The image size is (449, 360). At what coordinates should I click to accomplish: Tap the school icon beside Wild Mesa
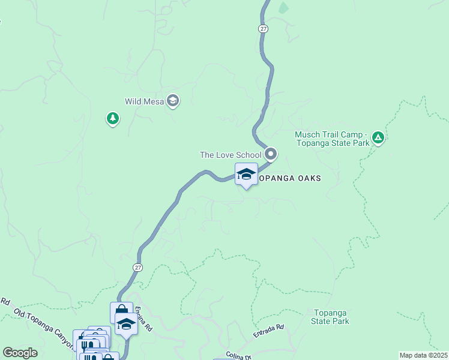click(x=173, y=101)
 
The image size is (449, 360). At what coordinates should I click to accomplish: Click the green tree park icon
click(x=112, y=118)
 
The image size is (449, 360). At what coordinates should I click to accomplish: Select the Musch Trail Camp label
click(x=331, y=139)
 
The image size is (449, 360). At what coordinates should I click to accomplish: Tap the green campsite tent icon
click(x=378, y=139)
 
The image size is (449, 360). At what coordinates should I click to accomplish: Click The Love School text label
click(x=231, y=155)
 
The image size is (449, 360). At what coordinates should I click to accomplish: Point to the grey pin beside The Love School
click(x=271, y=154)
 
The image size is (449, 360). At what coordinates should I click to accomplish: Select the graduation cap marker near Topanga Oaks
click(x=246, y=174)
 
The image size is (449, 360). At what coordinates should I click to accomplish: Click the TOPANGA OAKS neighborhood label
click(x=291, y=178)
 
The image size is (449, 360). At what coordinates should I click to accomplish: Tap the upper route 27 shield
click(x=263, y=28)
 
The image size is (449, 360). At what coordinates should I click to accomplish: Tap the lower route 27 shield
click(x=138, y=267)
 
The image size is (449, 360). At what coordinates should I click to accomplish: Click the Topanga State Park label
click(x=330, y=317)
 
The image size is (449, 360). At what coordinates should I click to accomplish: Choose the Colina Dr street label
click(x=239, y=356)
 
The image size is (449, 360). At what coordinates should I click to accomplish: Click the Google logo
click(x=20, y=353)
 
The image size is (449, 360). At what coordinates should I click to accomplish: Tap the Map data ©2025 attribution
click(x=423, y=355)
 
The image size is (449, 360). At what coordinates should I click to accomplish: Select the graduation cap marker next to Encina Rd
click(x=126, y=324)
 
